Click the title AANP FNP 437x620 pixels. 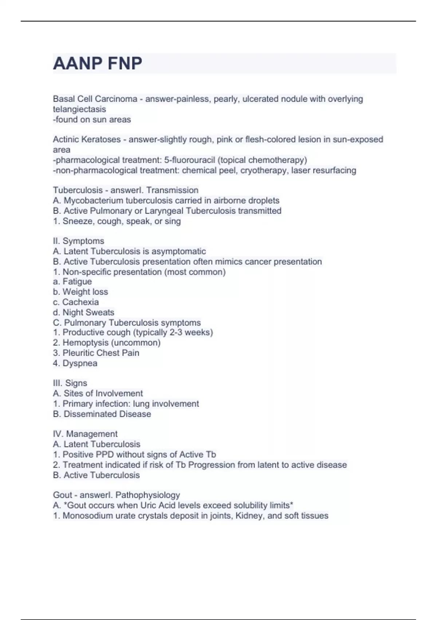click(98, 63)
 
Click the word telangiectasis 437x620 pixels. click(79, 109)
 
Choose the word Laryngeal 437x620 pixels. click(164, 211)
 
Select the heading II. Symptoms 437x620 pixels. click(78, 241)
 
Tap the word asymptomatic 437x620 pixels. click(178, 251)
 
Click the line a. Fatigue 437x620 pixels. click(72, 282)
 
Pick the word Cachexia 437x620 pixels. click(80, 302)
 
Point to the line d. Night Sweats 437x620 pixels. click(83, 312)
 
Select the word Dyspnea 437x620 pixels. click(80, 363)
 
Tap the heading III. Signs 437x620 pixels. click(70, 383)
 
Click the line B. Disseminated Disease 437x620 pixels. click(102, 414)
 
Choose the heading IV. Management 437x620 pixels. click(85, 434)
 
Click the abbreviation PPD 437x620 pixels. click(105, 454)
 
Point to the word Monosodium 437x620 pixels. click(87, 516)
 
